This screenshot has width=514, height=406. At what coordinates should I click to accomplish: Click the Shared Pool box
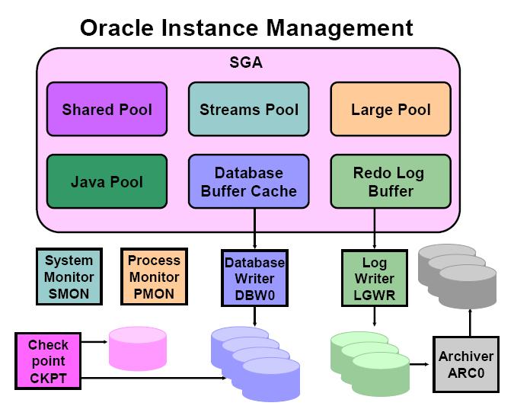coord(107,110)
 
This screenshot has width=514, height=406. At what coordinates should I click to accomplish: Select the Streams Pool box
coord(249,110)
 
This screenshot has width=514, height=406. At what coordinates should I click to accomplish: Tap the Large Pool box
coord(391,110)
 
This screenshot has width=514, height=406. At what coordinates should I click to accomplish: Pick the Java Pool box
coord(107,182)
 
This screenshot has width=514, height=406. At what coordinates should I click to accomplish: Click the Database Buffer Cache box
coord(249,182)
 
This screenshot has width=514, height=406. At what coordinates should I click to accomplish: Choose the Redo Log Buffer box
coord(391,182)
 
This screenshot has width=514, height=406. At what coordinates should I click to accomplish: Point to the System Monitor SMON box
coord(69,277)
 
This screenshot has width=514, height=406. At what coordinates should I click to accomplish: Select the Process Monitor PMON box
coord(153,277)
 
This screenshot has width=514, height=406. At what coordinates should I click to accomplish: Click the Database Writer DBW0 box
coord(254,277)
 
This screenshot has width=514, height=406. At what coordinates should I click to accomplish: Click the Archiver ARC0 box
coord(465,363)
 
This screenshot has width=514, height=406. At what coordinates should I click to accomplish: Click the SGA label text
coord(245,62)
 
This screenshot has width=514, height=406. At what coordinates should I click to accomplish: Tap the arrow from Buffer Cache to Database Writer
coord(254,229)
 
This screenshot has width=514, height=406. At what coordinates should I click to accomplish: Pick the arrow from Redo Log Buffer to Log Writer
coord(374,229)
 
